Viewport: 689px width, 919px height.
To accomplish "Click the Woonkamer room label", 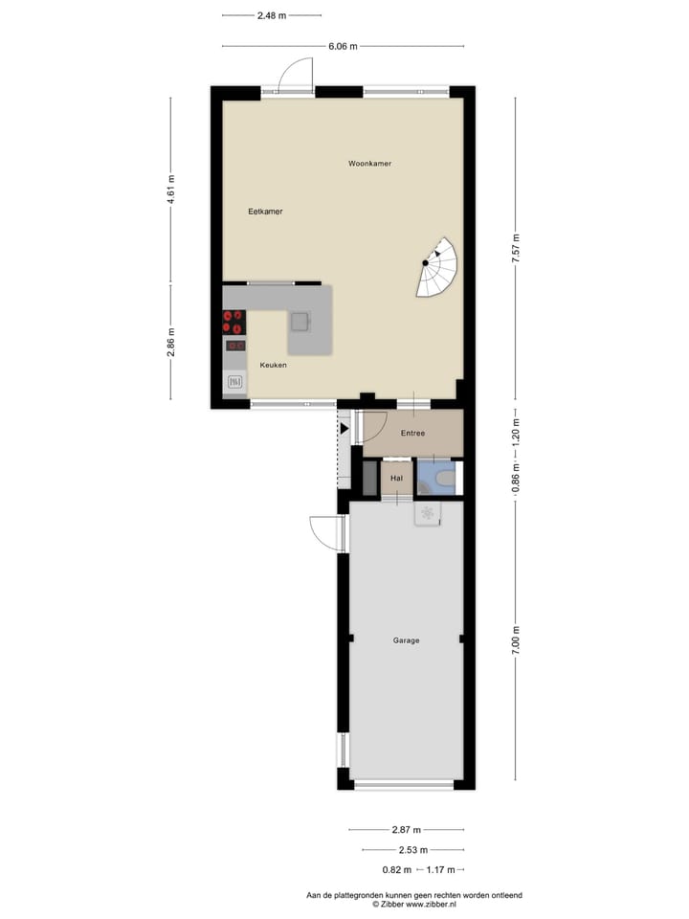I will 369,164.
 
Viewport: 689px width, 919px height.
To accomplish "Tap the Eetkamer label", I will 265,212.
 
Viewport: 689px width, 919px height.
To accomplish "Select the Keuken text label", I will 273,365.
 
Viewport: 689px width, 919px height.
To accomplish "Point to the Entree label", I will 412,434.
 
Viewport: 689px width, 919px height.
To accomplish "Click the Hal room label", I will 396,477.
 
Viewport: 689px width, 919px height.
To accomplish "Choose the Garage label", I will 406,640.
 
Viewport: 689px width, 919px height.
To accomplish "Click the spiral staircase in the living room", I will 437,269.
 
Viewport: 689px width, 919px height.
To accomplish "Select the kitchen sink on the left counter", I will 234,382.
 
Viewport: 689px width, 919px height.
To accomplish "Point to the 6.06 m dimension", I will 343,46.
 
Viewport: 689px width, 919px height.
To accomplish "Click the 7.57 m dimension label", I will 515,248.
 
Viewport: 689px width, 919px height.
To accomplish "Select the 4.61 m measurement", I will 171,190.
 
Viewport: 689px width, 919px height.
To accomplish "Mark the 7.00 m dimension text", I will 515,640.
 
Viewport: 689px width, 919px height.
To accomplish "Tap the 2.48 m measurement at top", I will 271,15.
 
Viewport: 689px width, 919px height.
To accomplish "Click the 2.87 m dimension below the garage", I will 406,830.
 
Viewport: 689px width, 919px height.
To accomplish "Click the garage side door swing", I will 326,533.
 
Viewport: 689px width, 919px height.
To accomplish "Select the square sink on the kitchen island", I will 300,322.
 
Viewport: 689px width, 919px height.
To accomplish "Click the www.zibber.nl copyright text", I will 413,903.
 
